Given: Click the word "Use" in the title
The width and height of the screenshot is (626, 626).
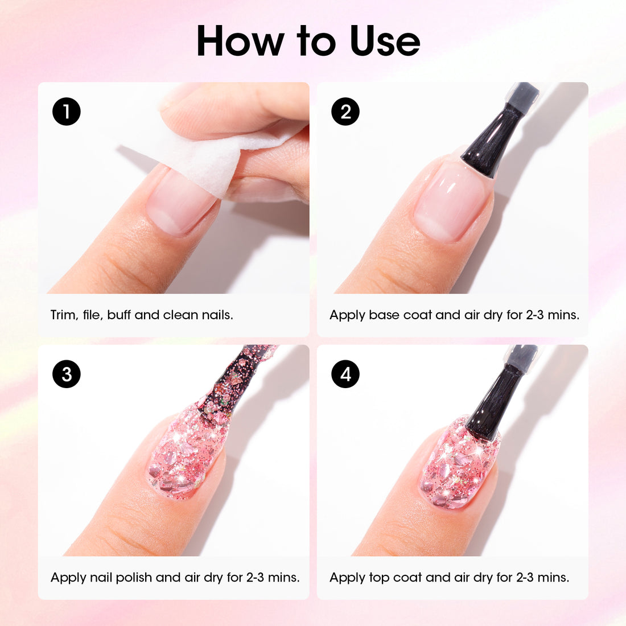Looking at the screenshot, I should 385,42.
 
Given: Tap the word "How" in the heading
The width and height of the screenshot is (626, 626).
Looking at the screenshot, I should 241,42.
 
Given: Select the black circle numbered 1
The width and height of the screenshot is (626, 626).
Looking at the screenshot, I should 67,112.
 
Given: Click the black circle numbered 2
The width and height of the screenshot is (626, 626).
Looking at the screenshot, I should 345,112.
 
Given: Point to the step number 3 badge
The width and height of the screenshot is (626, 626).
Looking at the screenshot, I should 67,374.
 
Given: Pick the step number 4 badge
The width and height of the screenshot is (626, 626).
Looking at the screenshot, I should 345,374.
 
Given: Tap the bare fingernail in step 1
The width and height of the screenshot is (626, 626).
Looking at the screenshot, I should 179,202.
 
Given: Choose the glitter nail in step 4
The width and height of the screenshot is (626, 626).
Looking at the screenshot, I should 458,464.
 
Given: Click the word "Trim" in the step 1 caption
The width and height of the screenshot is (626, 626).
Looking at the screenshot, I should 63,315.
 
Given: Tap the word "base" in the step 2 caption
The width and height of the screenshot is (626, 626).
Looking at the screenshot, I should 384,315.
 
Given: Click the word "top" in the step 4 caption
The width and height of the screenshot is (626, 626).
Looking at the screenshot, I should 378,578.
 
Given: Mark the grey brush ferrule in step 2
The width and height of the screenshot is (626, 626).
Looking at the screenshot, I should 522,97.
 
